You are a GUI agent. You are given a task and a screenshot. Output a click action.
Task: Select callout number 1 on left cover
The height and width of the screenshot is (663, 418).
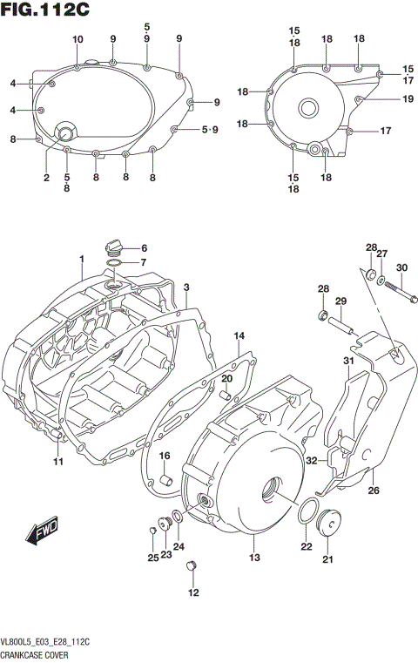click(x=81, y=259)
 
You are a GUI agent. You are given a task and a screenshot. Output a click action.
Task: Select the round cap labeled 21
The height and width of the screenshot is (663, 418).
click(x=329, y=525)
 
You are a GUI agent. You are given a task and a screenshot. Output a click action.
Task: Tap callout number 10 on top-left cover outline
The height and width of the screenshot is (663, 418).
click(x=78, y=39)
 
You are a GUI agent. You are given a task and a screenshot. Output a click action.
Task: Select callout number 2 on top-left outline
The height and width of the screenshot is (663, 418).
click(x=46, y=178)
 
